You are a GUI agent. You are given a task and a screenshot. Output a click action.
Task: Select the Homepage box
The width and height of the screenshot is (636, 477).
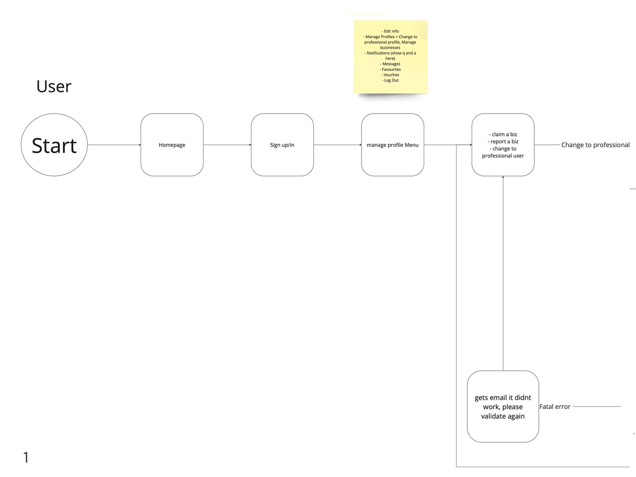(x=172, y=145)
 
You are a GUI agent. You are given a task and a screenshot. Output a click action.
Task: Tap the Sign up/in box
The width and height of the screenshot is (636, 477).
(x=282, y=145)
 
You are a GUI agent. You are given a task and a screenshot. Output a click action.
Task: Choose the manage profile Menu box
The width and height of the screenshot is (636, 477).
(x=393, y=145)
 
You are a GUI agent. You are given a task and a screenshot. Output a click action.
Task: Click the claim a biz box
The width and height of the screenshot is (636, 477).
(x=503, y=145)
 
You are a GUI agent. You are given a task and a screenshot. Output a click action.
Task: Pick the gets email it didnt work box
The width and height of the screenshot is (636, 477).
(x=503, y=406)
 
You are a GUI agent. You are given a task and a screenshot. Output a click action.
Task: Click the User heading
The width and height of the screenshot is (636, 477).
(x=54, y=86)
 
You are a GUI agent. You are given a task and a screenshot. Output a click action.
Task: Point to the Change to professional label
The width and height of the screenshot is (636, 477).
(x=595, y=145)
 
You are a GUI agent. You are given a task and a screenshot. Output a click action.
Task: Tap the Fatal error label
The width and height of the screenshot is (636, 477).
(x=555, y=407)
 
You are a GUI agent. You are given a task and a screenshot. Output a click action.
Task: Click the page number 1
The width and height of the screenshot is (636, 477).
(x=26, y=457)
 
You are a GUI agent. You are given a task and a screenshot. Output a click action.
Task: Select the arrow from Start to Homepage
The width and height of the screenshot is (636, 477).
(x=114, y=145)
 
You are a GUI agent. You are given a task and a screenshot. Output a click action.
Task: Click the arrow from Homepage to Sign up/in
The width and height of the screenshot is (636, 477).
(x=227, y=145)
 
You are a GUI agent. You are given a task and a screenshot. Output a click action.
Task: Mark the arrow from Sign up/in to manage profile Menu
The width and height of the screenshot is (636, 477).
(x=337, y=145)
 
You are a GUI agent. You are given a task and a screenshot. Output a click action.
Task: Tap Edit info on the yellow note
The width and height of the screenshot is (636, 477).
(x=390, y=31)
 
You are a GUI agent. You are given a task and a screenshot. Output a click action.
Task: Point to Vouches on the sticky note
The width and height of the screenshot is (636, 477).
(x=390, y=75)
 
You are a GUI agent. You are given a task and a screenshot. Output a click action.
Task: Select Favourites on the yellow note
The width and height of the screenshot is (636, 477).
(x=390, y=69)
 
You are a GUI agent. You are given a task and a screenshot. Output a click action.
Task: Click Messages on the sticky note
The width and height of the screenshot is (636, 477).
(x=390, y=64)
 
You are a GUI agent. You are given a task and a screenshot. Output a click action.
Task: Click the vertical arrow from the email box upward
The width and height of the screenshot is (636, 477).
(x=503, y=273)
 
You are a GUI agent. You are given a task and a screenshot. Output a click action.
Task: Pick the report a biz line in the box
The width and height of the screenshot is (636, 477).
(x=503, y=142)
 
